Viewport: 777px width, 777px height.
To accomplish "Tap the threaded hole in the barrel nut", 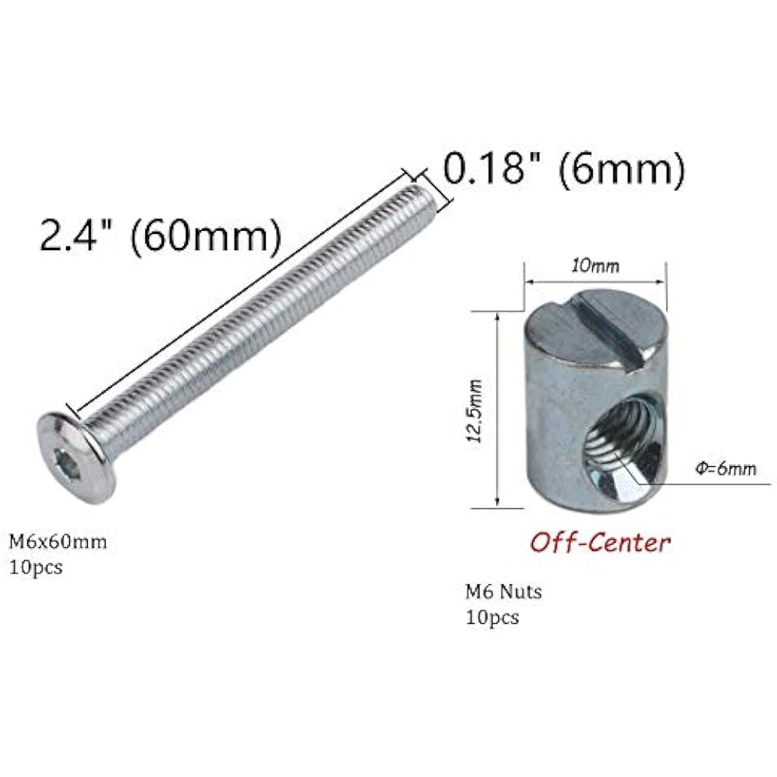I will coord(625,447).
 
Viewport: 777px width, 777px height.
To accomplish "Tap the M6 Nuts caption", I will coord(503,591).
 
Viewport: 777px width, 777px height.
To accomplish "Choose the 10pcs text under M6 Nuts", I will coord(491,618).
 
